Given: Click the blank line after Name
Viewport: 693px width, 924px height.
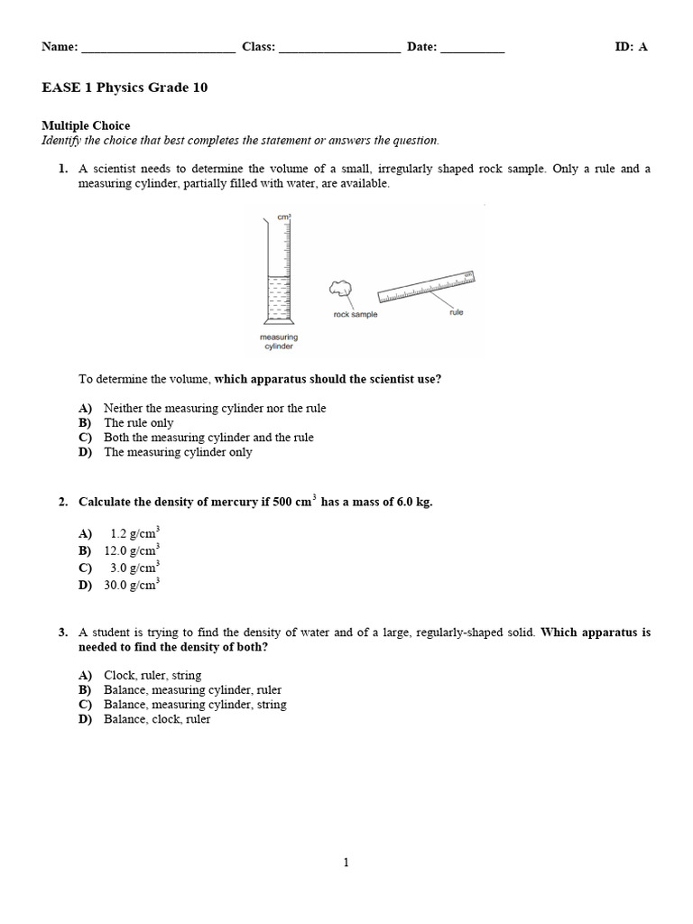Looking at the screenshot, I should coord(158,49).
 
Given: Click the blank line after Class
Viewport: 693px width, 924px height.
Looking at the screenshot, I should coord(339,49).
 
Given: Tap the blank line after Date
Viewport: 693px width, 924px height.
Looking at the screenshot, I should coord(473,49).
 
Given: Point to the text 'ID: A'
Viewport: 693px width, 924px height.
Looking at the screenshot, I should coord(631,48).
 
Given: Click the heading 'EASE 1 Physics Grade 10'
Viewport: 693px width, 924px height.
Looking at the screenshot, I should coord(125,88).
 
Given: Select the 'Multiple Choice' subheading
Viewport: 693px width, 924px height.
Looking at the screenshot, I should coord(86,125).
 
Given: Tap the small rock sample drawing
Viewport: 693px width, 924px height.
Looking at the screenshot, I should coord(339,288).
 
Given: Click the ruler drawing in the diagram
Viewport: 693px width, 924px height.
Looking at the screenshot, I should coord(426,286).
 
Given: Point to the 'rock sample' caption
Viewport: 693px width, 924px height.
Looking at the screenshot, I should coord(356,315).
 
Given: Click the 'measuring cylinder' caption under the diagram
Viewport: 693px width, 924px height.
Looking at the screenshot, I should coord(278,341).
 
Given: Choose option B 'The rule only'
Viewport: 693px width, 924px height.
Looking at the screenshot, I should coord(138,422).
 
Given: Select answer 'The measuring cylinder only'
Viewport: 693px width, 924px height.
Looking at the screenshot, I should coord(178,452).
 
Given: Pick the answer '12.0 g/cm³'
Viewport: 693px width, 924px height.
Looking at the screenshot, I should coord(132,550).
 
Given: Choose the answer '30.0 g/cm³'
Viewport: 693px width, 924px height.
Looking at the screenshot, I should coord(132,585).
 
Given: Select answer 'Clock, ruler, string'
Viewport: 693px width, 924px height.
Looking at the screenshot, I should coord(152,675).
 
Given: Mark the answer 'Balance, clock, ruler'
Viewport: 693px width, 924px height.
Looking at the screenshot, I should coord(157,719).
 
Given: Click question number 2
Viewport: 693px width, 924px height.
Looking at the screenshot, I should coord(63,502).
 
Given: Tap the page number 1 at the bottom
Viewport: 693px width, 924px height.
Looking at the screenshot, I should coord(346,863).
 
